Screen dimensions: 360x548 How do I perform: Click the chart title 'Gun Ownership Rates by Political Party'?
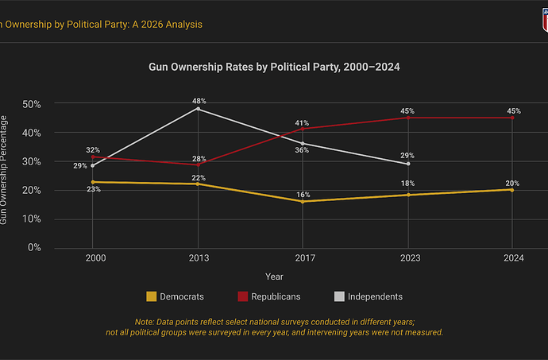tap(274, 68)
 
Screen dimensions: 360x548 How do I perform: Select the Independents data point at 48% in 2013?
tap(198, 109)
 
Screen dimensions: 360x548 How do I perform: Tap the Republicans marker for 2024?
tap(512, 118)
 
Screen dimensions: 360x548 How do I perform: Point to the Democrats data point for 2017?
tap(303, 201)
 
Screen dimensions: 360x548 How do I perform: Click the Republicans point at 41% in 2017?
tap(303, 130)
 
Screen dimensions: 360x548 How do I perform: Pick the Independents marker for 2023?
tap(407, 164)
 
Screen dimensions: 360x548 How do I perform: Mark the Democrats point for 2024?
tap(512, 190)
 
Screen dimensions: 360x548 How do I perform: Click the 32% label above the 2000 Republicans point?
tap(93, 149)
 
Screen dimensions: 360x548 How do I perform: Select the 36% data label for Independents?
tap(303, 150)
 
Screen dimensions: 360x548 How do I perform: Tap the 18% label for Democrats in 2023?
tap(407, 184)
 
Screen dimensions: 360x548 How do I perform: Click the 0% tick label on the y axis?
tap(35, 247)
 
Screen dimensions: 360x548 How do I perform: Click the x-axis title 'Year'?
tap(274, 277)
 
